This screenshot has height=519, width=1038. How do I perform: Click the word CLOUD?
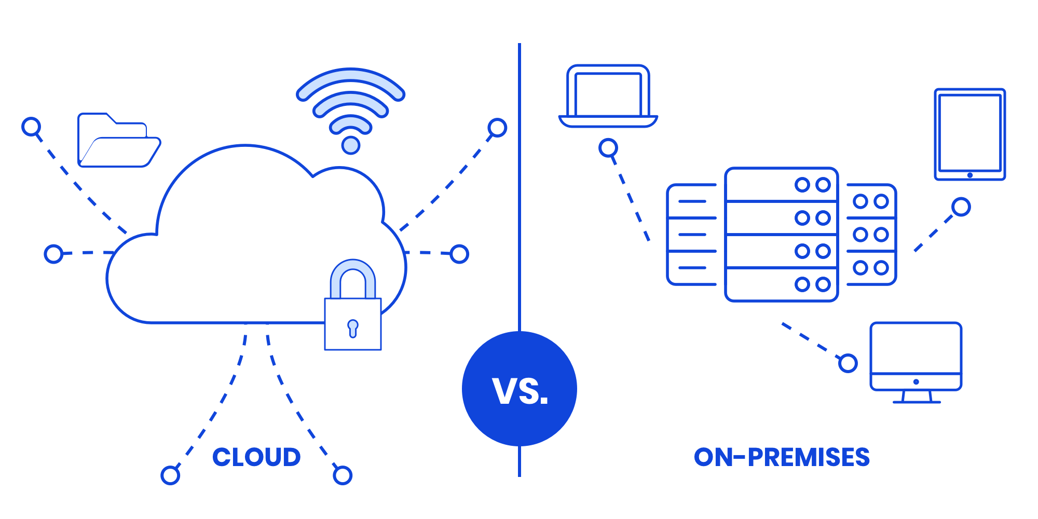(x=256, y=457)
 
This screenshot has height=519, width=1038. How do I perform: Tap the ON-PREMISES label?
(x=782, y=457)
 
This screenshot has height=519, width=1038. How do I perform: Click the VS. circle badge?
(x=520, y=389)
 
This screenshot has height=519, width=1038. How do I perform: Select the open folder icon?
(x=119, y=140)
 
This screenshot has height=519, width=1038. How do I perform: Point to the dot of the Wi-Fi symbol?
(x=351, y=145)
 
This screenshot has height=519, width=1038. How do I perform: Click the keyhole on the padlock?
(x=353, y=328)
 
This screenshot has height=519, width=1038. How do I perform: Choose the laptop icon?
(x=608, y=96)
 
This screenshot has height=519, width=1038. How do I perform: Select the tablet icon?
(x=969, y=134)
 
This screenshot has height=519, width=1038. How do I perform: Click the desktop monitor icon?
(x=916, y=356)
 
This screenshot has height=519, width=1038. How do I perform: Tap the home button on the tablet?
(x=969, y=175)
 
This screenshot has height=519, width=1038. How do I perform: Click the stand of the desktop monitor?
(x=917, y=397)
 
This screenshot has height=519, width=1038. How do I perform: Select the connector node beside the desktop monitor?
(x=848, y=363)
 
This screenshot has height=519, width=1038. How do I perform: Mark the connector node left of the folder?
(x=32, y=127)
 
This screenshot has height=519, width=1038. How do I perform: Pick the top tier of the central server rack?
(x=781, y=185)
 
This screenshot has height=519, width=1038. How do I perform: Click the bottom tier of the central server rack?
(x=781, y=284)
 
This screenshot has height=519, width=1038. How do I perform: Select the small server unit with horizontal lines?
(x=692, y=235)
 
